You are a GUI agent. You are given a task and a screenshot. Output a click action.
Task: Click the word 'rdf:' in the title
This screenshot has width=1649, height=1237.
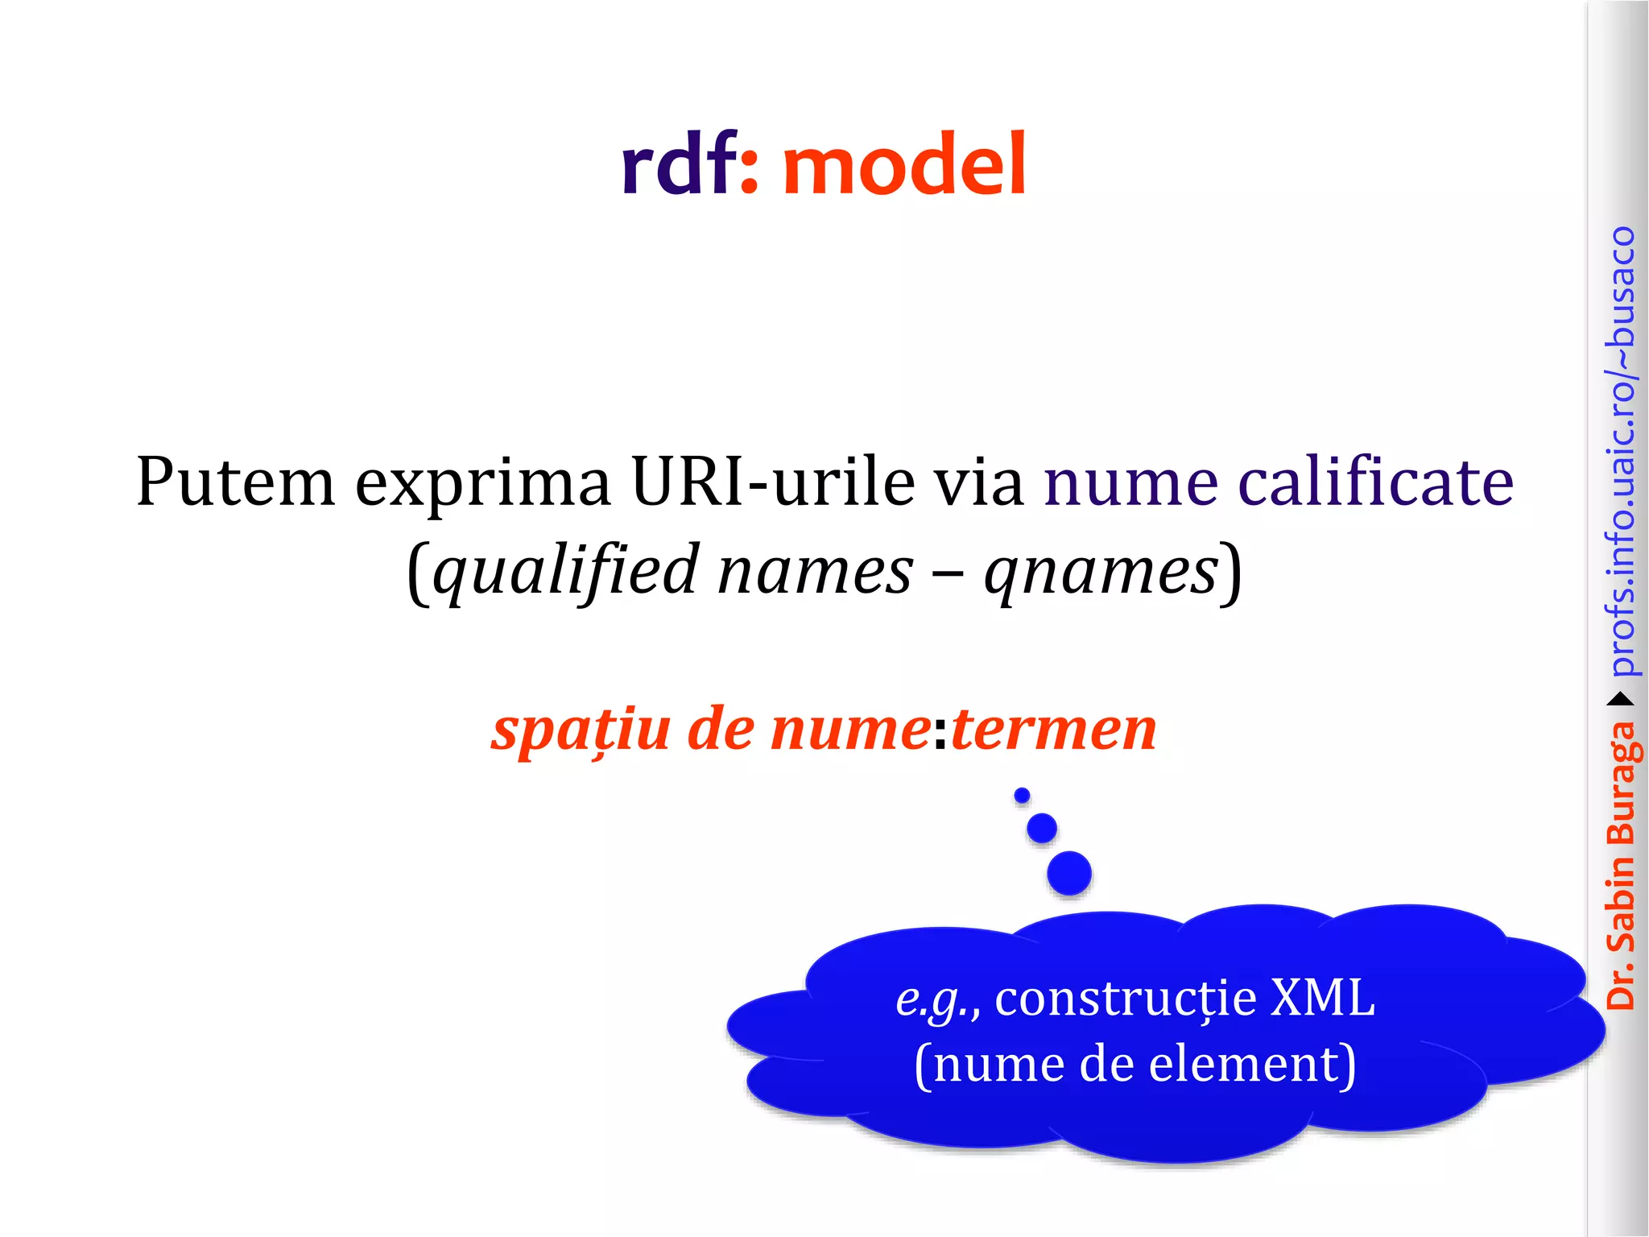click(x=689, y=165)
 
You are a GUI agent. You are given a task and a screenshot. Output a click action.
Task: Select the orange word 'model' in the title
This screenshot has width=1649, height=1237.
click(x=904, y=165)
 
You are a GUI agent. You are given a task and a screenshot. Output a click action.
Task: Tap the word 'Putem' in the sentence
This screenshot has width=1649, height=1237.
click(x=235, y=482)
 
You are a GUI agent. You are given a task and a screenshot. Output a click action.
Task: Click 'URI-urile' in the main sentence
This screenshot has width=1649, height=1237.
click(x=773, y=482)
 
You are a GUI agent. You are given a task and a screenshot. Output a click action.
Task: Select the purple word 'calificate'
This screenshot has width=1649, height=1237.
click(x=1375, y=482)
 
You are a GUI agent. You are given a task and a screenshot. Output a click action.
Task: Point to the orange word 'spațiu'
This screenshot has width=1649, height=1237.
click(x=581, y=730)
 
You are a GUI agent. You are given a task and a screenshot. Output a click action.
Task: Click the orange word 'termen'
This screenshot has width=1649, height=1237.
click(x=1053, y=730)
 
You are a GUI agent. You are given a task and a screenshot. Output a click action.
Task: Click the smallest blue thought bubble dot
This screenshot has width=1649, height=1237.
click(x=1022, y=796)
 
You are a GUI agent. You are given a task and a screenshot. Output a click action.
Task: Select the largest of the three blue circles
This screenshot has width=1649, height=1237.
click(x=1069, y=873)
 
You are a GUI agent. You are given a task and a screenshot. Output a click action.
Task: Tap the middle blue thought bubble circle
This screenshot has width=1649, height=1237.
click(x=1042, y=828)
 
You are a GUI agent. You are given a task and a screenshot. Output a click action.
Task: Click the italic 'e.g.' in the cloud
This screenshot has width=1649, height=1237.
click(x=936, y=1000)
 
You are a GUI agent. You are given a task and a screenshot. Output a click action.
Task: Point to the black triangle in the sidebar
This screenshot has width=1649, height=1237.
click(x=1622, y=698)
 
